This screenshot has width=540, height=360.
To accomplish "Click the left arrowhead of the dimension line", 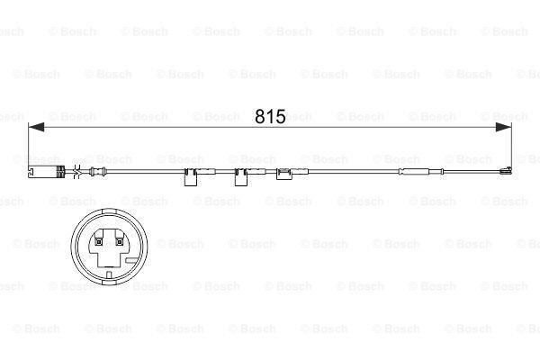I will point(36,130).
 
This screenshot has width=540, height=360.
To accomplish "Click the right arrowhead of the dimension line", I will point(507,130).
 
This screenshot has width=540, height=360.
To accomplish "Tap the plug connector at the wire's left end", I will point(46,172).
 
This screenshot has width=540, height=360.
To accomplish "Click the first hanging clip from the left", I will point(192,175).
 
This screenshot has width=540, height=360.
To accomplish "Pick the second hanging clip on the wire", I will point(241,175).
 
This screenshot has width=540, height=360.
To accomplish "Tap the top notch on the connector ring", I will point(106,213).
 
